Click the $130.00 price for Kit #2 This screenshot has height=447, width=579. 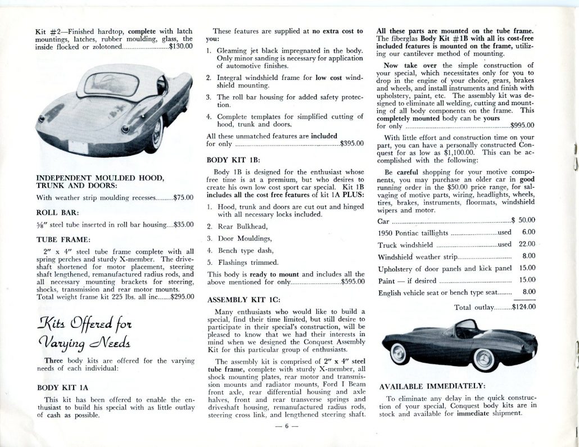181,48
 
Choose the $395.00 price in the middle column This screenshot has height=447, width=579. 352,143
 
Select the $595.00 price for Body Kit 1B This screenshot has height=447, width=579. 353,282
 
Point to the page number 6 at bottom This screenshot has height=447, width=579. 285,426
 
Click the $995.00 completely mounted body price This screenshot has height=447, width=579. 522,125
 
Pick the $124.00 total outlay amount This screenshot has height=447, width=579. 524,307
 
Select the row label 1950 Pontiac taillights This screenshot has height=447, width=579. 413,232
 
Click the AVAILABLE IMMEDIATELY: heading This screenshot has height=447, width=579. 431,386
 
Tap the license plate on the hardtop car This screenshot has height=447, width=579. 78,148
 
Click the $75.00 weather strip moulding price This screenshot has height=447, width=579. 184,197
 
